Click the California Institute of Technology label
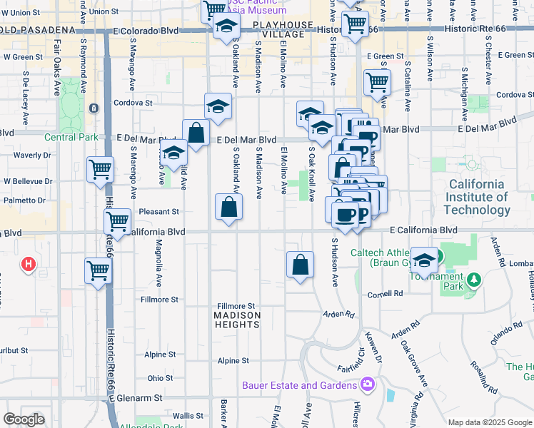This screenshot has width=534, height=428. tap(478, 197)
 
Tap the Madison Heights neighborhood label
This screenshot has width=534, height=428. tap(237, 320)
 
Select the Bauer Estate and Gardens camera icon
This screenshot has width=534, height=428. tap(368, 385)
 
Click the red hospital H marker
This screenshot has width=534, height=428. tap(29, 265)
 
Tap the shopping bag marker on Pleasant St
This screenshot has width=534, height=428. tap(228, 208)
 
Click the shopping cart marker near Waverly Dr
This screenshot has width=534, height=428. tap(100, 170)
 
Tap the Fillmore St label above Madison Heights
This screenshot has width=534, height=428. tap(236, 306)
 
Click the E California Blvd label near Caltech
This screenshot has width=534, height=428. tap(423, 230)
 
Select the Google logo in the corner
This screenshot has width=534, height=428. tap(24, 419)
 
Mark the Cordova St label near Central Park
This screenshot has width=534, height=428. tap(134, 103)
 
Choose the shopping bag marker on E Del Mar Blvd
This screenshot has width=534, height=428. tap(196, 133)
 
